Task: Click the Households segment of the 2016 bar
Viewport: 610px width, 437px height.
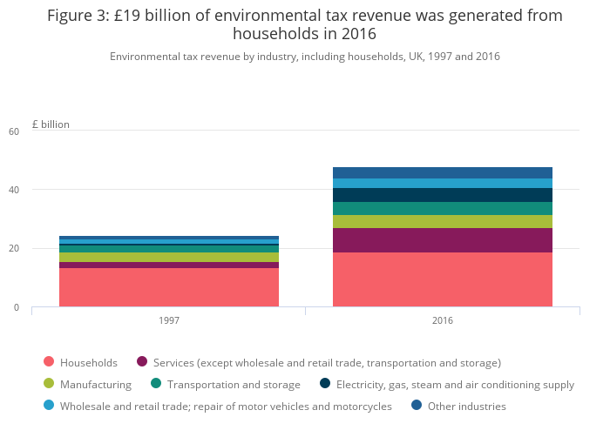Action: coord(442,279)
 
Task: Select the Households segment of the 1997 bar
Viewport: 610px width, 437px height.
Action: coord(169,287)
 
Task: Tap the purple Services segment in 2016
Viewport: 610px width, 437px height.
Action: coord(442,240)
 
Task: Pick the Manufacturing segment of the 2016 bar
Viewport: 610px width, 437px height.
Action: coord(442,221)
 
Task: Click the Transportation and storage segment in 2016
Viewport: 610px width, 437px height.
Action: coord(442,208)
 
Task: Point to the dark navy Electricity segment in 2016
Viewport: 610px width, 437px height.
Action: coord(442,195)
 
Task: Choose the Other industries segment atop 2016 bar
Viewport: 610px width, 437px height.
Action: coord(442,172)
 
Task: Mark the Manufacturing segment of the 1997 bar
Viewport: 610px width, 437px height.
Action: coord(169,257)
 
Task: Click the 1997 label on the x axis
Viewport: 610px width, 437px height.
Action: coord(169,320)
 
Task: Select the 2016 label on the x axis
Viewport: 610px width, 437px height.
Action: coord(442,320)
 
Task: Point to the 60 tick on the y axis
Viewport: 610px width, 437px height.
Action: coord(13,131)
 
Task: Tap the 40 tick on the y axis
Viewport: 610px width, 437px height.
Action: coord(13,190)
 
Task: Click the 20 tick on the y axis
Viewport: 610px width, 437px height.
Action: coord(13,249)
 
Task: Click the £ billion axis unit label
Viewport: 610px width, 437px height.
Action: coord(51,124)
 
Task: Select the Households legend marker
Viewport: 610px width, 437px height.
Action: coord(49,362)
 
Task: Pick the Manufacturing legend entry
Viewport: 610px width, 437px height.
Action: coord(95,384)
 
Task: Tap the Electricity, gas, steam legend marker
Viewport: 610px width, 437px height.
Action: coord(325,384)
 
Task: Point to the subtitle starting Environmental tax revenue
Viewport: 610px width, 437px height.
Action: coord(304,57)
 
